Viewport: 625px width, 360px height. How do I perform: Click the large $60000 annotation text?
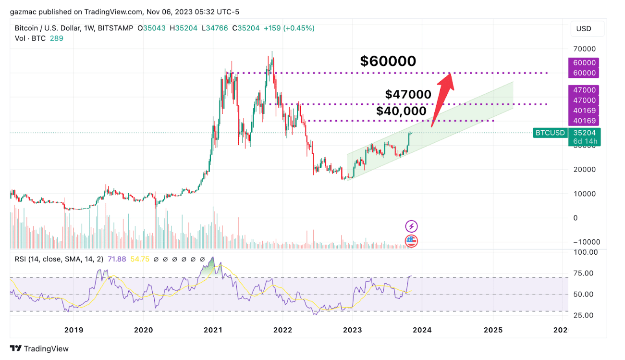(x=388, y=61)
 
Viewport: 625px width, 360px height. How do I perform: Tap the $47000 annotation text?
(x=408, y=95)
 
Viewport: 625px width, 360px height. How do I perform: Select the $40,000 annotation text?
(x=401, y=111)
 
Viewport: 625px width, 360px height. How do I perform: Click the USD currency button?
(x=584, y=29)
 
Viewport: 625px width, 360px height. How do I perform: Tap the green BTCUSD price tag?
(x=550, y=133)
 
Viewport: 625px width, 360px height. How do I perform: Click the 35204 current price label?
(x=583, y=133)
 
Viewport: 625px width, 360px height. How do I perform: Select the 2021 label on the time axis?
(x=213, y=330)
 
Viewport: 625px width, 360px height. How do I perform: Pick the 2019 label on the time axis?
(x=74, y=330)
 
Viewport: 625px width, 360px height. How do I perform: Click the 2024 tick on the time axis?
(x=422, y=330)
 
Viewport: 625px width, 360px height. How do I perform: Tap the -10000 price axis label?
(x=581, y=242)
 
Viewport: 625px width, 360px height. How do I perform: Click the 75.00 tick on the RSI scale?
(x=583, y=273)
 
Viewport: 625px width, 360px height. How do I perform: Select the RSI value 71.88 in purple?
(x=117, y=259)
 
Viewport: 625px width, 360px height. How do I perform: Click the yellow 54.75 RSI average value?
(x=141, y=259)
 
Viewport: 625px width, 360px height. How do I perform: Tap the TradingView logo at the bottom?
(x=39, y=348)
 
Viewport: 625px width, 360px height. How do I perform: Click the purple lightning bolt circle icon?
(x=411, y=226)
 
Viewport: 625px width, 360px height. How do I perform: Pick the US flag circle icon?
(x=411, y=241)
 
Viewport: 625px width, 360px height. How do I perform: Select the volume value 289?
(x=57, y=38)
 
